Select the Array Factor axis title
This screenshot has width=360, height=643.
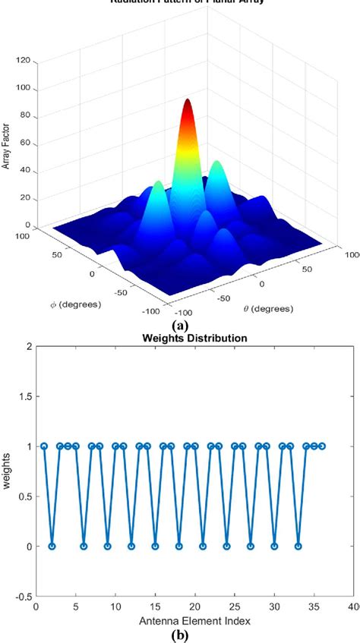pyautogui.click(x=7, y=143)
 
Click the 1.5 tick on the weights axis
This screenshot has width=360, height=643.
pyautogui.click(x=25, y=396)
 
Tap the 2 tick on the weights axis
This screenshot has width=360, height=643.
pyautogui.click(x=29, y=346)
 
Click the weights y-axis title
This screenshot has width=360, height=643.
pyautogui.click(x=8, y=471)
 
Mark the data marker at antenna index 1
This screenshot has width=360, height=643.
pyautogui.click(x=44, y=446)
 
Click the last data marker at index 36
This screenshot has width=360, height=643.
pyautogui.click(x=322, y=446)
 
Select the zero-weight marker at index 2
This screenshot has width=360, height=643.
pyautogui.click(x=52, y=546)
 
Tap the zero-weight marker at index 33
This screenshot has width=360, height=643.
pyautogui.click(x=298, y=546)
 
